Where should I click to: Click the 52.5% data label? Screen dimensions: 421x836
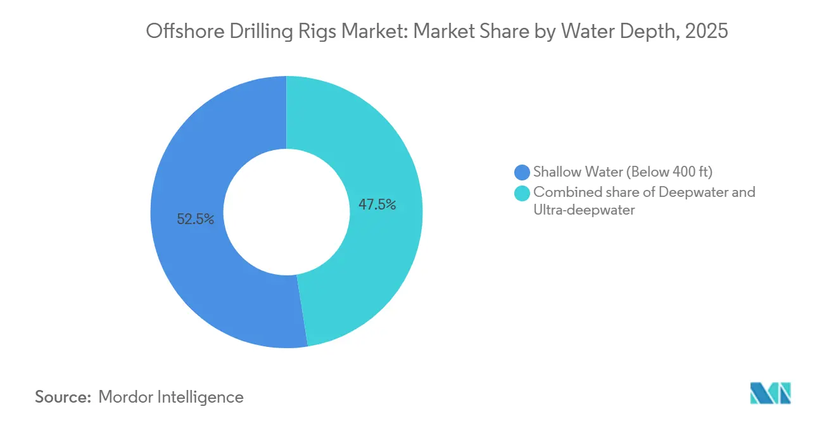pos(195,220)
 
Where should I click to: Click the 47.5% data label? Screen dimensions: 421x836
pos(377,204)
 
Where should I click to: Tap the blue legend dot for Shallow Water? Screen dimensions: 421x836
pos(522,172)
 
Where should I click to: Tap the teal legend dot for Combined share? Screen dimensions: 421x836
pos(522,192)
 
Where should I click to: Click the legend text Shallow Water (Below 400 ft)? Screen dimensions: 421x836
pos(623,172)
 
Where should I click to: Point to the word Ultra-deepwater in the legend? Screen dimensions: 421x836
pos(583,210)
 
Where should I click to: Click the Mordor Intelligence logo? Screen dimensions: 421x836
pos(770,393)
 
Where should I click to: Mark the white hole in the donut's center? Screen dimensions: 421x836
pos(286,212)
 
